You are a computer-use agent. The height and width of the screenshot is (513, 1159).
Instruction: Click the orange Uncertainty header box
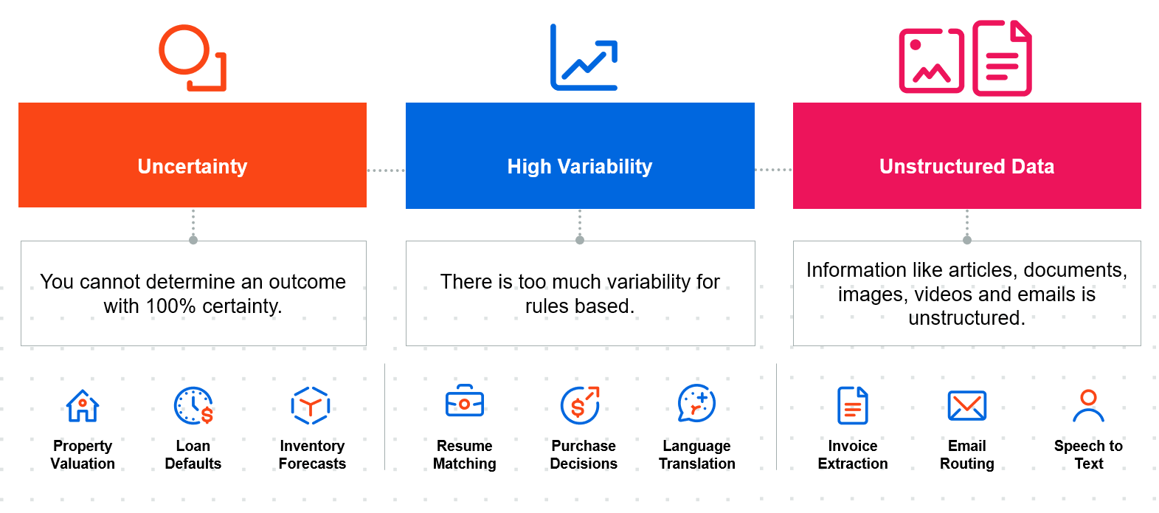[x=193, y=155]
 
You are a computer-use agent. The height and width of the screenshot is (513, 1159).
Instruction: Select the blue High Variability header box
[x=580, y=155]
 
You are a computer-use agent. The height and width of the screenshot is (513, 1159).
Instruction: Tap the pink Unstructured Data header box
[x=967, y=155]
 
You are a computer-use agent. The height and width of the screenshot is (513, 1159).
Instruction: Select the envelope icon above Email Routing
[x=967, y=405]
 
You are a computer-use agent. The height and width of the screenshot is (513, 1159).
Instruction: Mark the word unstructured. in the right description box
[x=967, y=318]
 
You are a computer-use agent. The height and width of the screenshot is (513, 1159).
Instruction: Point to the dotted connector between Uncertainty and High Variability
[x=386, y=170]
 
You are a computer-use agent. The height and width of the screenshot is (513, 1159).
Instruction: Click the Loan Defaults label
[x=193, y=455]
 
